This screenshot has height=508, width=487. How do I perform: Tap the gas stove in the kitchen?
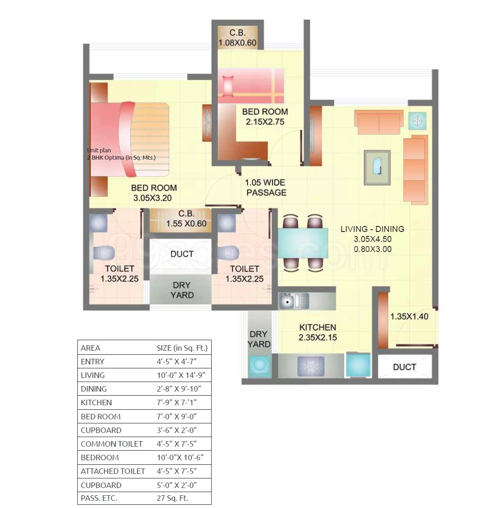(311, 365)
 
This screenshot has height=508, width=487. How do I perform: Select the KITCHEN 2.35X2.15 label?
(318, 332)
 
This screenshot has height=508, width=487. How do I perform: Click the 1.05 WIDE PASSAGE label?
(266, 187)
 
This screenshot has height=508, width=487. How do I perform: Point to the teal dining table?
(303, 243)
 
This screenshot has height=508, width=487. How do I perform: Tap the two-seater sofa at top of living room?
(379, 121)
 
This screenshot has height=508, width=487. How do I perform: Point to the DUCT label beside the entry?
(404, 367)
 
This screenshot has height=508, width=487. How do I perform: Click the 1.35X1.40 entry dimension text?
(409, 317)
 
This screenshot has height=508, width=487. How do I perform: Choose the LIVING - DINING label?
(372, 229)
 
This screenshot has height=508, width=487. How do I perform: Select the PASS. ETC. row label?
(99, 498)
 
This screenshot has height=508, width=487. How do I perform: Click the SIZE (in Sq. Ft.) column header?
(182, 348)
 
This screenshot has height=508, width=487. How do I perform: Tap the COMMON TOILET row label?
(112, 443)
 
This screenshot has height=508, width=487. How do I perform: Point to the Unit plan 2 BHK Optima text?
(121, 154)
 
